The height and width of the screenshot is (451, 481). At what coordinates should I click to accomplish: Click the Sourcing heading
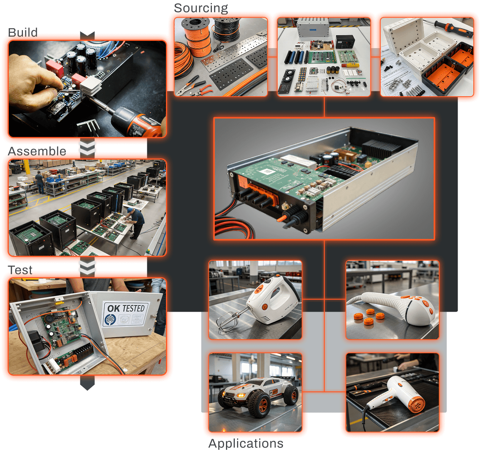tap(201, 8)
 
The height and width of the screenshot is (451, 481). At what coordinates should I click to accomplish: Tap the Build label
tap(23, 32)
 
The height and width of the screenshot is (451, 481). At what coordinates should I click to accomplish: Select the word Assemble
tap(37, 151)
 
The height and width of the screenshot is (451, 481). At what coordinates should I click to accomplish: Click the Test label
tap(20, 270)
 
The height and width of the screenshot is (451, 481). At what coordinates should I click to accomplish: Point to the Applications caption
tap(246, 443)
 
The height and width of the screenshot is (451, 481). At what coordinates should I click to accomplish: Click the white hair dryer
tap(398, 393)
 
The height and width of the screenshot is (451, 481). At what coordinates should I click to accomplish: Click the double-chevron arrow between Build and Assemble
tap(87, 148)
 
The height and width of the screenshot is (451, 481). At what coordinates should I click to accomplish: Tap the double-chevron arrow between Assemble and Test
tap(87, 267)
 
